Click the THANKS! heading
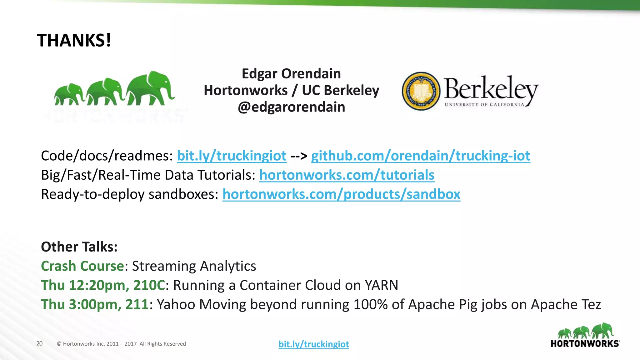[74, 41]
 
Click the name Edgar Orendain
[291, 74]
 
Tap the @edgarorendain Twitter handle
[291, 107]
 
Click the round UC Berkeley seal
[421, 91]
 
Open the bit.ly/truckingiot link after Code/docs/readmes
[232, 156]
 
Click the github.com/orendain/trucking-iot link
[421, 156]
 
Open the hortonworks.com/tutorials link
[347, 175]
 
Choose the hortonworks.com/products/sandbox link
[341, 194]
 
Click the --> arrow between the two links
[299, 156]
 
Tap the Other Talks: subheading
[79, 247]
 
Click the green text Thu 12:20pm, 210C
[103, 285]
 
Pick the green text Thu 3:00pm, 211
[95, 305]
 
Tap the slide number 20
[39, 344]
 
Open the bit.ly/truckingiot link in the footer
[314, 344]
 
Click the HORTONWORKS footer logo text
[585, 344]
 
